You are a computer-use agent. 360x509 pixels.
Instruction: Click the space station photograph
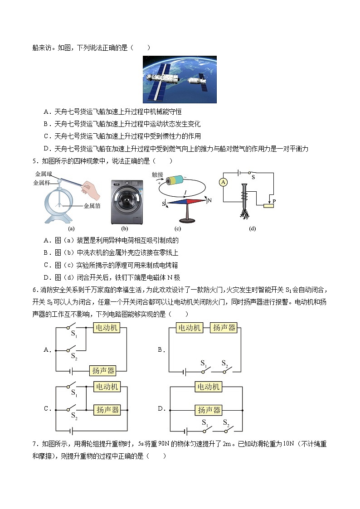point(180,79)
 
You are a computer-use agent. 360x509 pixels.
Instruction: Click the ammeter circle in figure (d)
point(223,182)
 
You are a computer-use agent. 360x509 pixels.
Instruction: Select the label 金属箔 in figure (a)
point(92,205)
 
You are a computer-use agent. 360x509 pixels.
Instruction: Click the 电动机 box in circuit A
point(106,327)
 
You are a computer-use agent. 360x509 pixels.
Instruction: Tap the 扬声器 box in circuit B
point(224,327)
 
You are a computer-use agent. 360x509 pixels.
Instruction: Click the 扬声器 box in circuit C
point(107,409)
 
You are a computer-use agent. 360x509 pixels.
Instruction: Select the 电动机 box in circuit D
point(208,386)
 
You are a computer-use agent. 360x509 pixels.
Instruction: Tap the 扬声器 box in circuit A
point(103,371)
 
